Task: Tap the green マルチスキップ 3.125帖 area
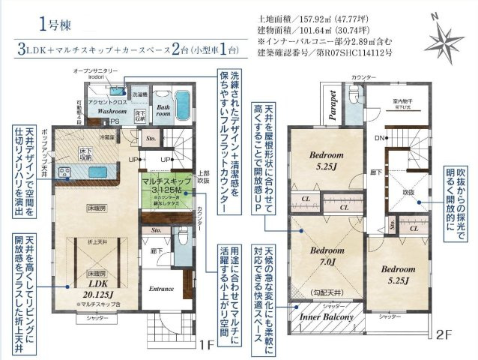pos(164,187)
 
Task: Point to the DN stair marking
pos(380,139)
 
